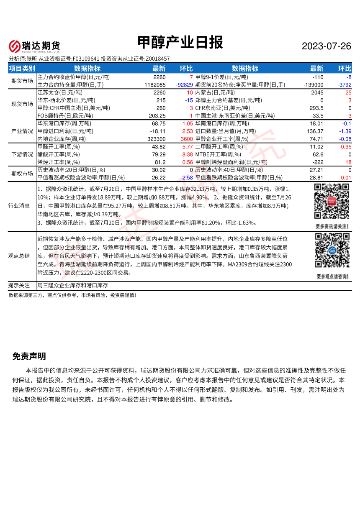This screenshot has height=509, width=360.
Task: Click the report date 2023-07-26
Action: pyautogui.click(x=327, y=46)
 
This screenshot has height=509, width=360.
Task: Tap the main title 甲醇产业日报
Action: pyautogui.click(x=180, y=43)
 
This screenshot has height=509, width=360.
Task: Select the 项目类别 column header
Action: pyautogui.click(x=22, y=69)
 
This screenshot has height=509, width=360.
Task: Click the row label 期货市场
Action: pyautogui.click(x=22, y=81)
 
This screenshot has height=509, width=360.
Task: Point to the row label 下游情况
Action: pyautogui.click(x=22, y=154)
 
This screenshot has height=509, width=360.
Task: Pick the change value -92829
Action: pyautogui.click(x=184, y=85)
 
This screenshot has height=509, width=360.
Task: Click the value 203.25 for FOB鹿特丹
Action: pyautogui.click(x=157, y=116)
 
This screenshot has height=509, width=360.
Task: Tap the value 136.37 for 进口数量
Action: pyautogui.click(x=315, y=131)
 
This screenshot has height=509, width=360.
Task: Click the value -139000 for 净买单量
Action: pyautogui.click(x=313, y=85)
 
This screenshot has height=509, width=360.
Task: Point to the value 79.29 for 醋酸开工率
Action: pyautogui.click(x=159, y=154)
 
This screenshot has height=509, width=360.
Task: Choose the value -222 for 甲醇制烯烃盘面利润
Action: pyautogui.click(x=318, y=162)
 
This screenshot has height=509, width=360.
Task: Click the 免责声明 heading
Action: pyautogui.click(x=29, y=356)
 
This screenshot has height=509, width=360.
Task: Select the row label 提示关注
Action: pyautogui.click(x=19, y=285)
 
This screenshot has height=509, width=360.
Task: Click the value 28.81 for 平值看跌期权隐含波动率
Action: pyautogui.click(x=316, y=178)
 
